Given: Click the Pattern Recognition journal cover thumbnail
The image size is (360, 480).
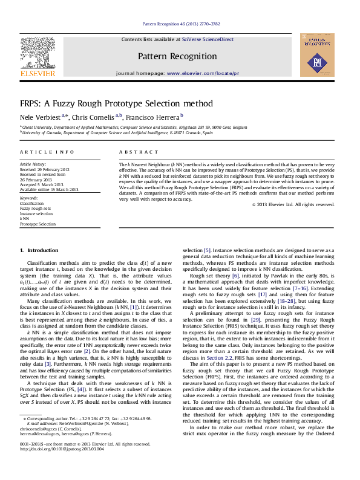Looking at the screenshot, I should click(x=317, y=55).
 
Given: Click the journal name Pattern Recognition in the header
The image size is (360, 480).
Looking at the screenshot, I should click(x=180, y=56).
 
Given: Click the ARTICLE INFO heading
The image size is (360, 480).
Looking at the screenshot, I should click(x=47, y=152).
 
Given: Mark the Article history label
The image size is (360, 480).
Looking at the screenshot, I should click(x=33, y=164).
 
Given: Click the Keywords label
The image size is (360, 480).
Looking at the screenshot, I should click(x=29, y=198).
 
